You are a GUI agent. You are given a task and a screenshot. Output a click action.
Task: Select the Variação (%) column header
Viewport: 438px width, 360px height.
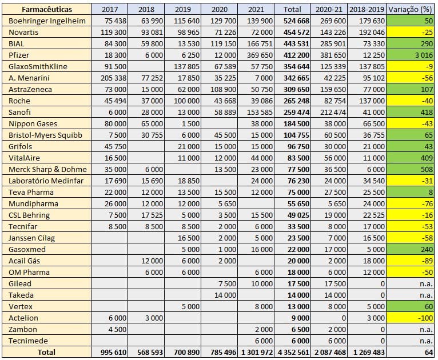410,9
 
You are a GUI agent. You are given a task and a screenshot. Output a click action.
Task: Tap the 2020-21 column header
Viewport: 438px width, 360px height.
331,9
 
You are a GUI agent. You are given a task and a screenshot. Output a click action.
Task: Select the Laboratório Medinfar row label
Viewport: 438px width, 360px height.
47,181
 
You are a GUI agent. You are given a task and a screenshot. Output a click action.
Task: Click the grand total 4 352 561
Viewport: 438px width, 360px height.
294,353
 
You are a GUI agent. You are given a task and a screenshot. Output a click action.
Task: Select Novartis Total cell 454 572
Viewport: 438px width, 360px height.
295,32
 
